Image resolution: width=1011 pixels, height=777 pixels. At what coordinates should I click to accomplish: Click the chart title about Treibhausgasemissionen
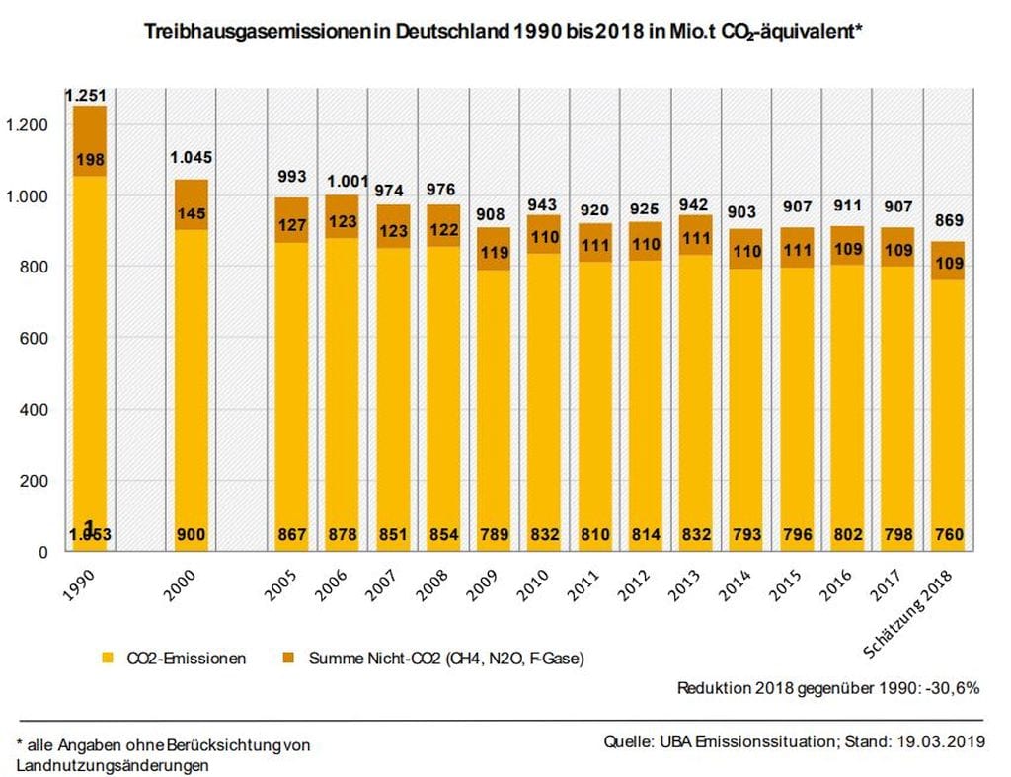pos(505,32)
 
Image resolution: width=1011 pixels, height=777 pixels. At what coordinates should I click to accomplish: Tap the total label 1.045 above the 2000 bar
pos(191,157)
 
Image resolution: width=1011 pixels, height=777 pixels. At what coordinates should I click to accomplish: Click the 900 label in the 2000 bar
pos(191,534)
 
